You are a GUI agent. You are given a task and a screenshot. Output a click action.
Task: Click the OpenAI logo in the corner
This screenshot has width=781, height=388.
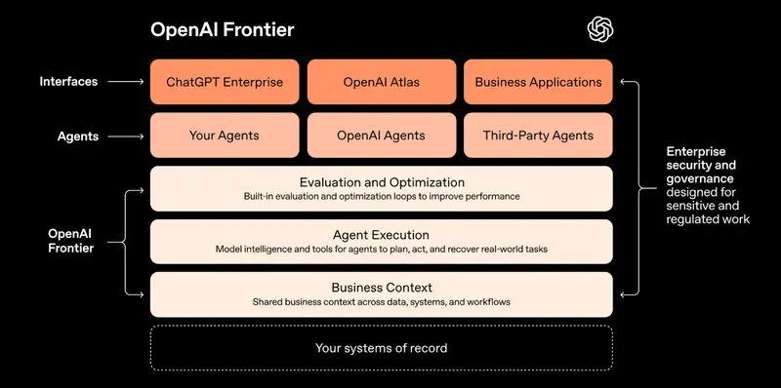tap(599, 29)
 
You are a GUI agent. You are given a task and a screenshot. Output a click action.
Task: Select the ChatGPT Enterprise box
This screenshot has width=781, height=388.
tap(225, 82)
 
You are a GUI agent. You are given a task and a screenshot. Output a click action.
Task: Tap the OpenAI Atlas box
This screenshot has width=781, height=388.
tap(381, 82)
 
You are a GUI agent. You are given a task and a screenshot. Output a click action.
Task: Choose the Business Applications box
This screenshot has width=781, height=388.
tap(538, 82)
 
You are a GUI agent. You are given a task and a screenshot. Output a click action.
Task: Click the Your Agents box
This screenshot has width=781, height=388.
tap(225, 136)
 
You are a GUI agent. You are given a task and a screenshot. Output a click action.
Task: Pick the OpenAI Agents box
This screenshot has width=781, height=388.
tap(381, 136)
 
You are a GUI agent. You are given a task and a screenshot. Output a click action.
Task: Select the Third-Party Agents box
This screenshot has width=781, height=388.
tap(538, 136)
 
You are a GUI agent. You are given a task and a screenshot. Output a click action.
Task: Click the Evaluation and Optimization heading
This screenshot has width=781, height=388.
tap(381, 182)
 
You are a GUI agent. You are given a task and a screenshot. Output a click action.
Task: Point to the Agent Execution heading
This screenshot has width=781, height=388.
tap(381, 235)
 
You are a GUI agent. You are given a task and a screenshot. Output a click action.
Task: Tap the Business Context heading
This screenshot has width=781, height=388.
tap(381, 288)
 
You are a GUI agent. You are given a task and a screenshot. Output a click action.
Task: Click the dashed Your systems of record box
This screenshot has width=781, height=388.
tap(381, 347)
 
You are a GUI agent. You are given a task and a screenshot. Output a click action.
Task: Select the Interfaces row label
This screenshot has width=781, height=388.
tap(68, 82)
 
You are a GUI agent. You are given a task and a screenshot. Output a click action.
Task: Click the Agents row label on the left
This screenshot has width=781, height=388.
tap(78, 136)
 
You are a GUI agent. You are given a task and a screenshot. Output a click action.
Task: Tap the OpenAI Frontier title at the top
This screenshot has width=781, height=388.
tap(222, 30)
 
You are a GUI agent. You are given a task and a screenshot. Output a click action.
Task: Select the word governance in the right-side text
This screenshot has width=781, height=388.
tap(700, 179)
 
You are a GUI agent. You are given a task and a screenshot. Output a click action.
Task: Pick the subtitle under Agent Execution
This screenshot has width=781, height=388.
tap(381, 250)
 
